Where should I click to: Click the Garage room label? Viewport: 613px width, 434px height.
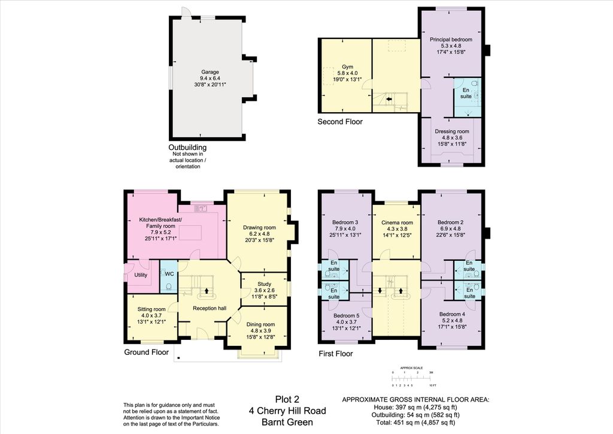pyautogui.click(x=210, y=72)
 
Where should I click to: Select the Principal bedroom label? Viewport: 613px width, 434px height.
pyautogui.click(x=451, y=40)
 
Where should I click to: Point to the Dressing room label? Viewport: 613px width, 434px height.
pyautogui.click(x=451, y=131)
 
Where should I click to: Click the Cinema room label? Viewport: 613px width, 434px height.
pyautogui.click(x=397, y=222)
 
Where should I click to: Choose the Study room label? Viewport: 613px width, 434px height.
pyautogui.click(x=264, y=284)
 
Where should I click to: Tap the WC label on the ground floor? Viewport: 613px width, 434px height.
pyautogui.click(x=169, y=274)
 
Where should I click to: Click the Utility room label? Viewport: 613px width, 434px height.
pyautogui.click(x=141, y=275)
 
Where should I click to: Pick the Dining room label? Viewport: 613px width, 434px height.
pyautogui.click(x=260, y=324)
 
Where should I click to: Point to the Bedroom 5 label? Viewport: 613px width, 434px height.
pyautogui.click(x=347, y=315)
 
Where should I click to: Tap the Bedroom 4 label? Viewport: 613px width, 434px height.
pyautogui.click(x=451, y=314)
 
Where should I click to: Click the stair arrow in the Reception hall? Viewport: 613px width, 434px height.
pyautogui.click(x=207, y=291)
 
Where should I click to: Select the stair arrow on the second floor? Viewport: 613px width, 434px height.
pyautogui.click(x=388, y=99)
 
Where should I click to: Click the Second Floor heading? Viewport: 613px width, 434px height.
pyautogui.click(x=339, y=122)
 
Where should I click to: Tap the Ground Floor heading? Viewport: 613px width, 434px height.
pyautogui.click(x=146, y=352)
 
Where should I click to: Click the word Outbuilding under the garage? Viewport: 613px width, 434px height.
pyautogui.click(x=187, y=147)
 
